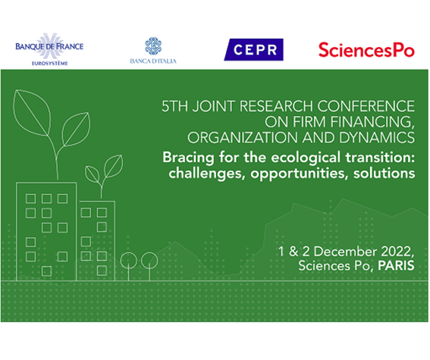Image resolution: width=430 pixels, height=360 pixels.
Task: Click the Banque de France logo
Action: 49,49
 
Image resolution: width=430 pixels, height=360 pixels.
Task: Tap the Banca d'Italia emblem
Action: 153,45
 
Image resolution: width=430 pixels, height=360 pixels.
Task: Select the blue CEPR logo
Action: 253,49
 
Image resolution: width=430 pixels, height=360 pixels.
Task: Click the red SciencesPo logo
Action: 366,50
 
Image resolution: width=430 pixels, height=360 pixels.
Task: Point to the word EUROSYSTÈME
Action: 49,64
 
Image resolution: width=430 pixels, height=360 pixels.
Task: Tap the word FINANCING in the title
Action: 372,122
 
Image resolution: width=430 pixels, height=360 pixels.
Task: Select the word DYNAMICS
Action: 377,137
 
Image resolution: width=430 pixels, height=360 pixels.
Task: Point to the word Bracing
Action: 188,158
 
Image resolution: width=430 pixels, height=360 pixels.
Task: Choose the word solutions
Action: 384,173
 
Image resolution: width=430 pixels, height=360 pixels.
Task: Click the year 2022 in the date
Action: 397,252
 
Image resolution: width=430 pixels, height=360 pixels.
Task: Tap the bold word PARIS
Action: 397,265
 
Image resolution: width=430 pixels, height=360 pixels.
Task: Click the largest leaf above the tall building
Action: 31,113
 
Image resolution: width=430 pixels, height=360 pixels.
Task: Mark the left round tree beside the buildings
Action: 129,260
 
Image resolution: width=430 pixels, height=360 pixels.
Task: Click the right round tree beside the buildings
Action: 149,260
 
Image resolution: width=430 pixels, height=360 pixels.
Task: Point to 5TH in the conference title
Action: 175,106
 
